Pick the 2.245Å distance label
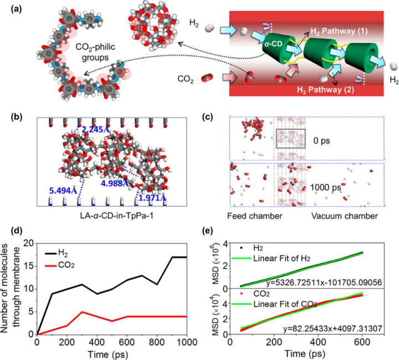coord(95,129)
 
